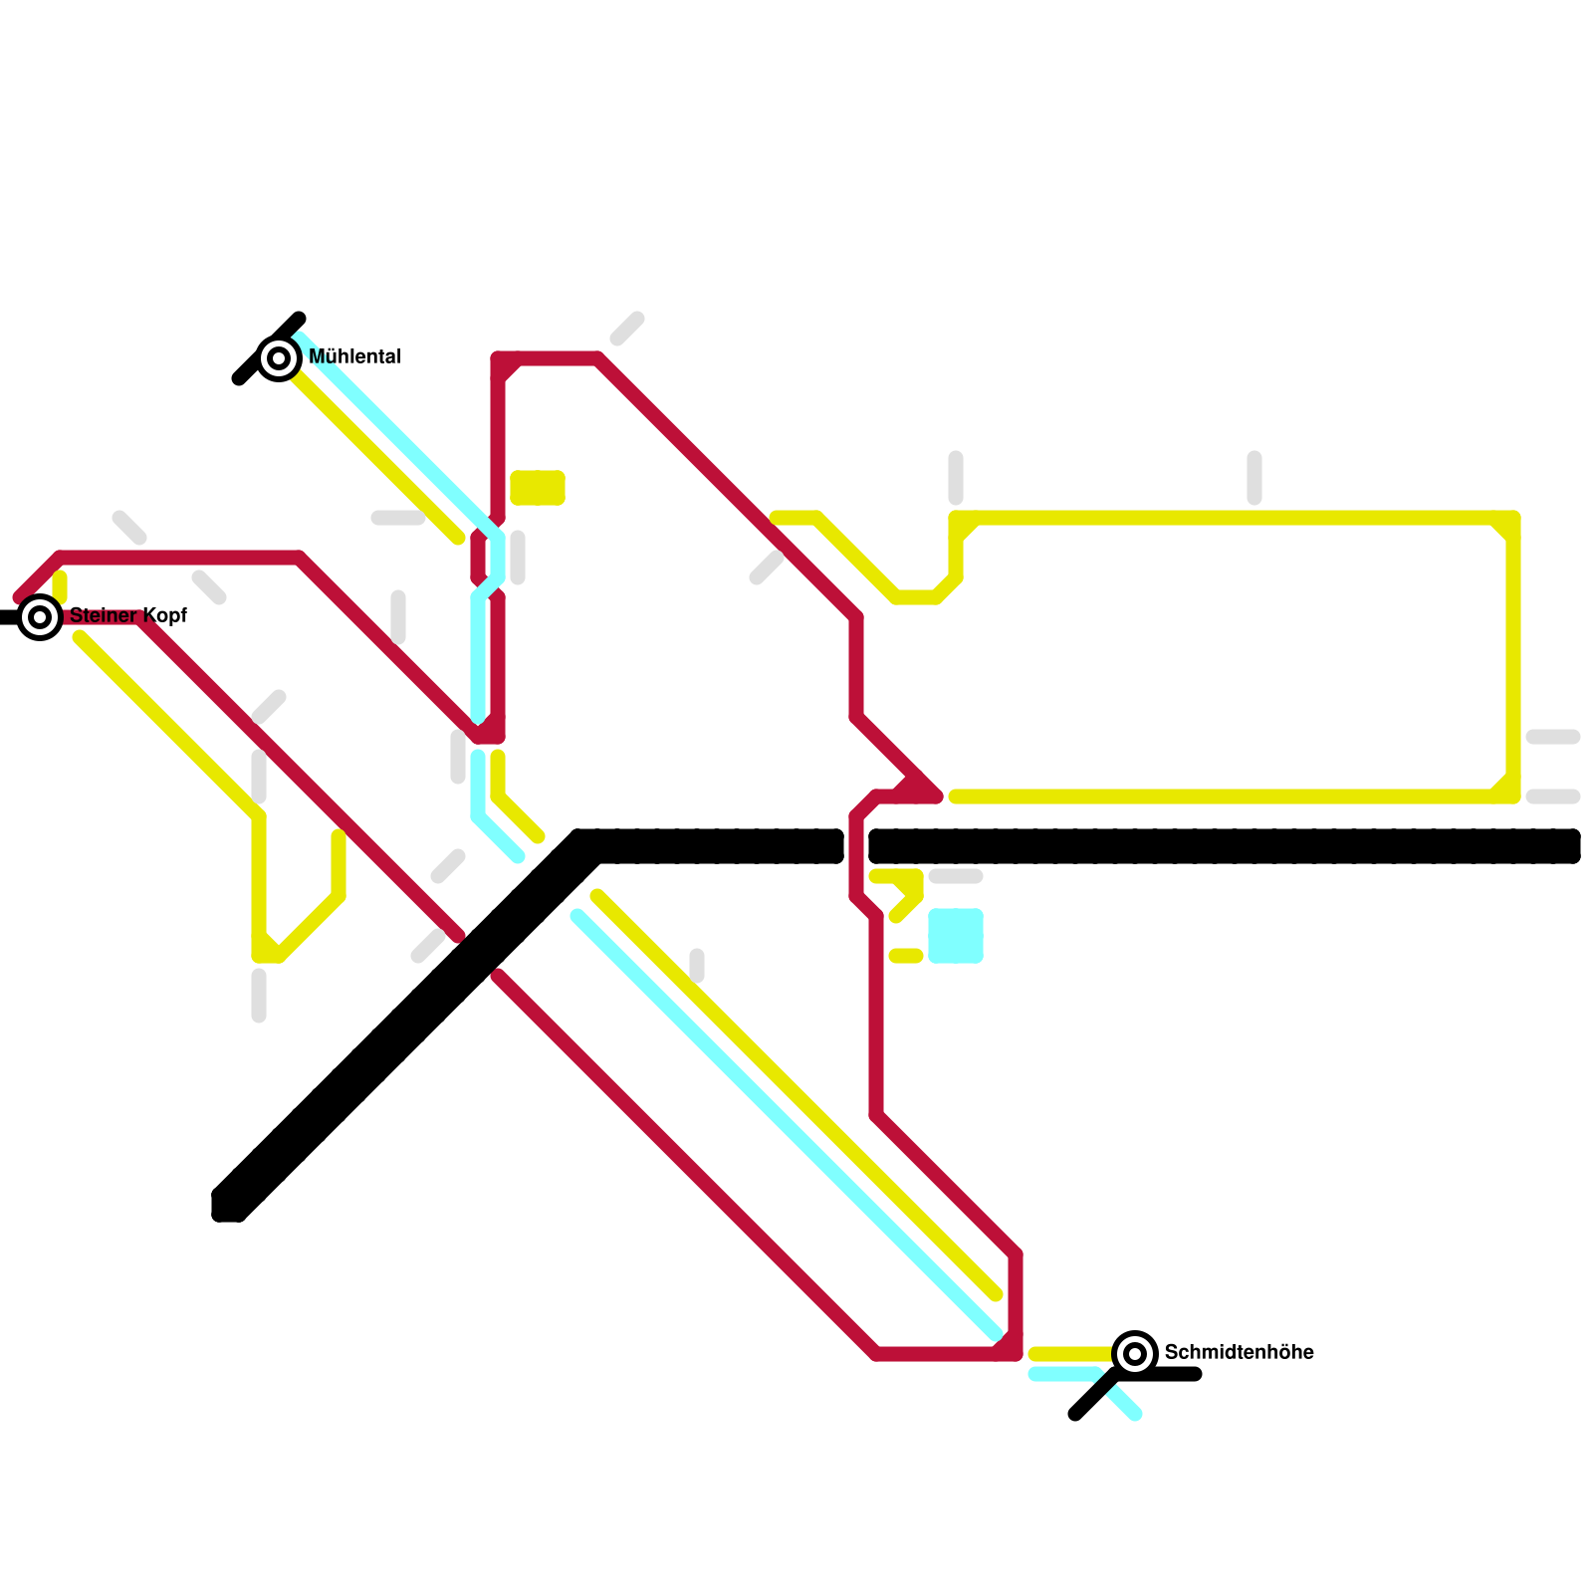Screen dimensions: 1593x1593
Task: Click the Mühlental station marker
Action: point(279,357)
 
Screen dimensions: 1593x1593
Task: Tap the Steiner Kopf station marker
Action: point(40,617)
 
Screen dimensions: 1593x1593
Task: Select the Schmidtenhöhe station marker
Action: point(1134,1353)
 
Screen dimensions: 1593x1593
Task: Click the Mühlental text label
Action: point(354,356)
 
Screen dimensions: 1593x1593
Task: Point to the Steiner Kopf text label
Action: point(128,615)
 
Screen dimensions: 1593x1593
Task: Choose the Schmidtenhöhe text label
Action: point(1239,1352)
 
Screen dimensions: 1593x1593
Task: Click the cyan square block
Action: point(956,936)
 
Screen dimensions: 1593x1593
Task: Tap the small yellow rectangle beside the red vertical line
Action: point(538,488)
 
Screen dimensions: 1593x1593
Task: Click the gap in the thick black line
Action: point(856,846)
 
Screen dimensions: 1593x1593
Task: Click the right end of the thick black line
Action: point(1571,846)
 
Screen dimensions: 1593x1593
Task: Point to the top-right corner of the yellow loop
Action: point(1512,519)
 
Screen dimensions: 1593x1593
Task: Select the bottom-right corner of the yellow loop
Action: point(1512,796)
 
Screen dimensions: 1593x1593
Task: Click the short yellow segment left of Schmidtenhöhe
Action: point(1070,1353)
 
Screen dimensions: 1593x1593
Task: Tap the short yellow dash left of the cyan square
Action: point(906,956)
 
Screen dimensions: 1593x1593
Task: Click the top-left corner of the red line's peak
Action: point(498,359)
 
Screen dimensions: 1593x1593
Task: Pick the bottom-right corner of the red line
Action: point(1015,1353)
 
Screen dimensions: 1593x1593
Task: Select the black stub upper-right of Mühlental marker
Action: point(295,323)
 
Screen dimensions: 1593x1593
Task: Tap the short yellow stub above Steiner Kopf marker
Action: point(60,585)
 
